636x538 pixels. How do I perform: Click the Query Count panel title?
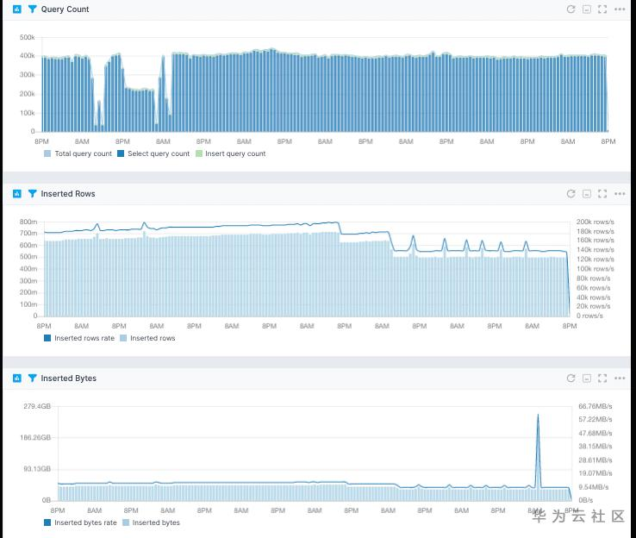click(65, 9)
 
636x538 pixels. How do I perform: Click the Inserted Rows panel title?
click(68, 194)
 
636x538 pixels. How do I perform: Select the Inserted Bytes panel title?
click(69, 378)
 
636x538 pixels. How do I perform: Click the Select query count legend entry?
click(159, 153)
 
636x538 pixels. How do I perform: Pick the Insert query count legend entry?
click(235, 153)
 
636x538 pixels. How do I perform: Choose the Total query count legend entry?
click(83, 153)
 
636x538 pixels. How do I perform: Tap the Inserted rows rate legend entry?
click(84, 338)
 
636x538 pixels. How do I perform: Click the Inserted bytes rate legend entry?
click(85, 522)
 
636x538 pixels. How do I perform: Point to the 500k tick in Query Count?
click(27, 38)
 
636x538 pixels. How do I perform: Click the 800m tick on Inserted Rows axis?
click(29, 222)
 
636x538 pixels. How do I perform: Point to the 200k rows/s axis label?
click(595, 222)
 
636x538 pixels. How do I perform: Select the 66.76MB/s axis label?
click(595, 406)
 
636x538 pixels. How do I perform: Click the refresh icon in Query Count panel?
click(571, 9)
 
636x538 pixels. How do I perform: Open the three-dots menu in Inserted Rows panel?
click(620, 194)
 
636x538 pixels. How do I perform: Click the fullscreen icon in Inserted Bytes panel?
click(602, 378)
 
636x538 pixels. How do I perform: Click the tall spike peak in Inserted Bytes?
click(539, 416)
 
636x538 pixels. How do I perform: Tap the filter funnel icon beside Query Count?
click(33, 9)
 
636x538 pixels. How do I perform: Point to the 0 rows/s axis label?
click(590, 316)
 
